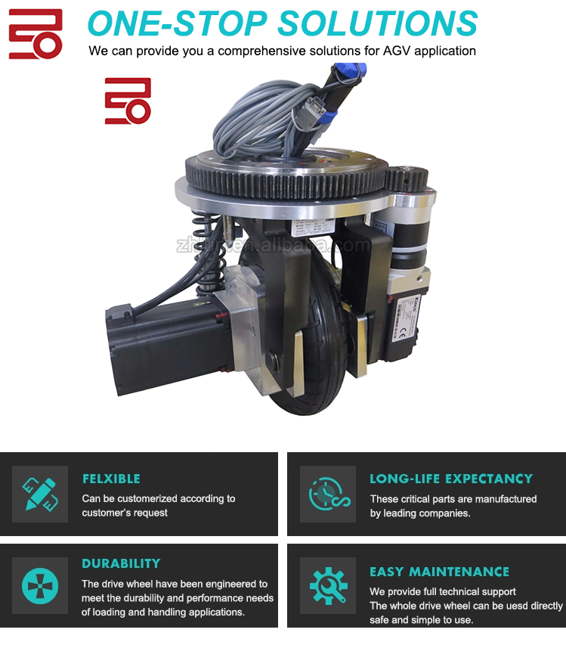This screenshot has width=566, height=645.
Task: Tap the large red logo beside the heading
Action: click(x=36, y=34)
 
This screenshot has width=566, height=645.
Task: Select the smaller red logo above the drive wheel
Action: click(x=128, y=101)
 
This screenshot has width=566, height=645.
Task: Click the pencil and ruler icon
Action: click(x=40, y=494)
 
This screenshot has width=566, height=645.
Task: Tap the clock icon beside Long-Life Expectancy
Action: click(x=328, y=494)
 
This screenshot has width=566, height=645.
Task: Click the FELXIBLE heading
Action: click(x=111, y=479)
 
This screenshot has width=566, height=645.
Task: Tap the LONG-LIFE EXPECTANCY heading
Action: click(x=451, y=479)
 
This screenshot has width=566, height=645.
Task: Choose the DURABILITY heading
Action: click(x=121, y=563)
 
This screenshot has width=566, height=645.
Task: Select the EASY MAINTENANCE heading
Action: click(x=440, y=572)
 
